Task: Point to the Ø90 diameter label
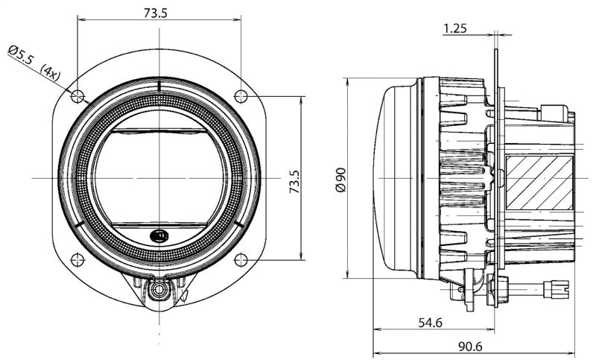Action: (340, 180)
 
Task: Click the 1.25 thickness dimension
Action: (454, 29)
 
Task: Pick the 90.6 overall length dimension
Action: (470, 347)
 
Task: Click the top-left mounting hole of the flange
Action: (76, 95)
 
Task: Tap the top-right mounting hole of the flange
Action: (241, 95)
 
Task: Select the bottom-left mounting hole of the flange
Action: (76, 259)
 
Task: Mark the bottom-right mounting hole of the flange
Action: (241, 259)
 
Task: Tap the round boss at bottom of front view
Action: (158, 291)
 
